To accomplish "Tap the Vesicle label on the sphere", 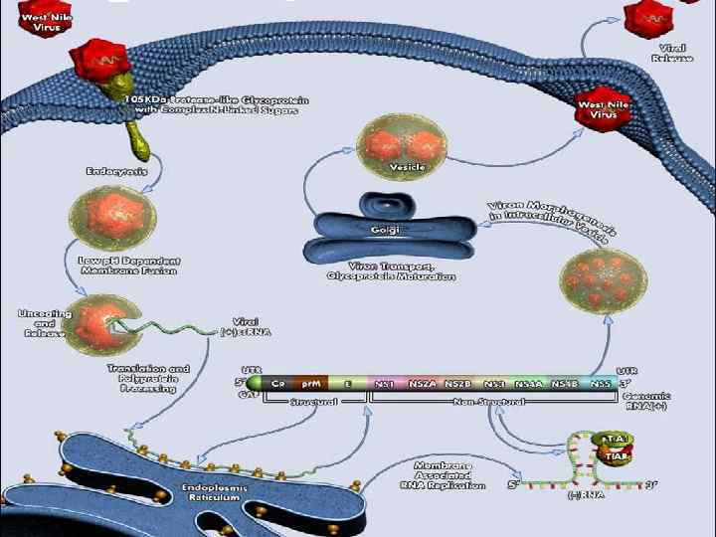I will (407, 167).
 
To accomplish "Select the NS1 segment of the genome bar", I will (385, 383).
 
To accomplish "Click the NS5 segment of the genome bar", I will (601, 383).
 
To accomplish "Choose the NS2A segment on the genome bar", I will (422, 383).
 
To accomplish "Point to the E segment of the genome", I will (348, 383).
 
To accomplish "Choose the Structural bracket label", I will (313, 403).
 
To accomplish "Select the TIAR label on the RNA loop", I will (612, 456).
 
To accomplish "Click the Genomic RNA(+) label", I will (646, 401).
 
